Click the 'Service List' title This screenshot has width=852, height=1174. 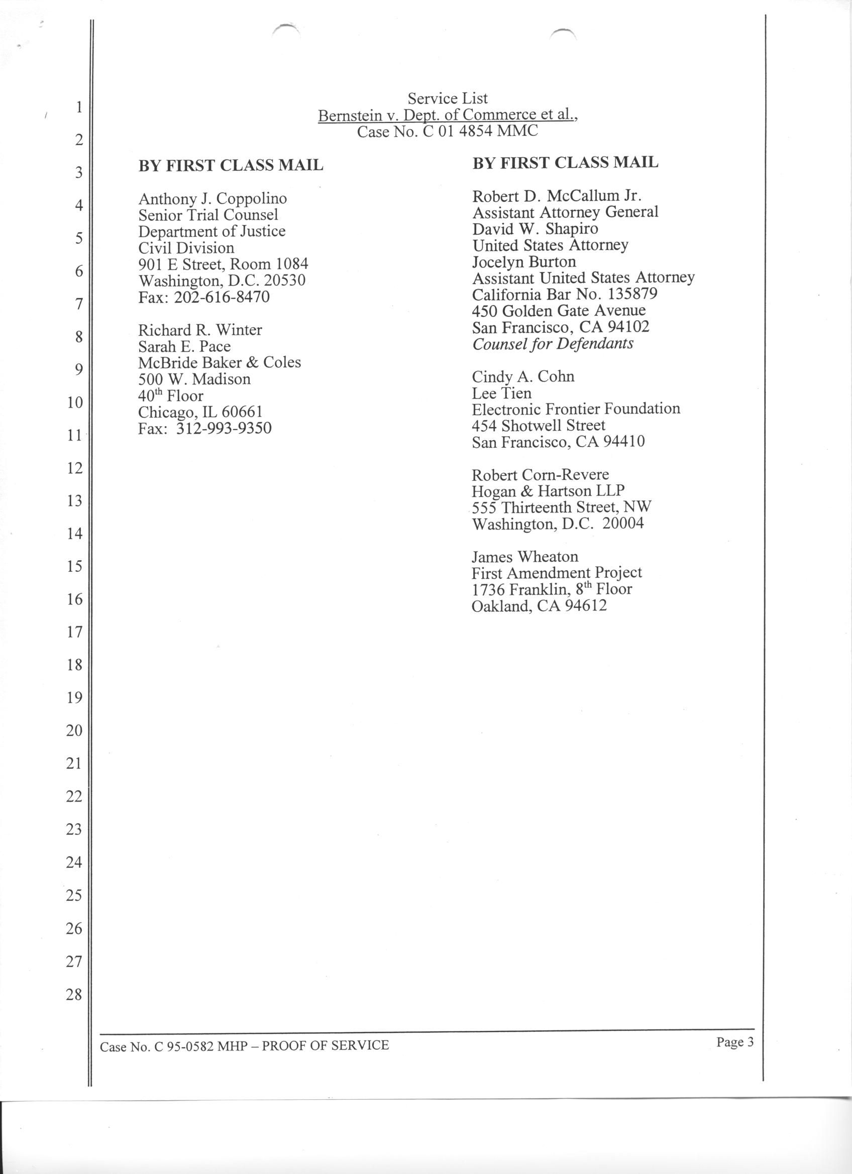(x=448, y=98)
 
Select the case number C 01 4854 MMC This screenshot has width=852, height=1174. (x=448, y=132)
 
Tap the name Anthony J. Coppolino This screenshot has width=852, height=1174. (x=212, y=199)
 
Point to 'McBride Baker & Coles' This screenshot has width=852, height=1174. (x=219, y=362)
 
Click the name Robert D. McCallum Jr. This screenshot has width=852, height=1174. (x=557, y=196)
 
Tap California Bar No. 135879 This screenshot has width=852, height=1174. (x=565, y=294)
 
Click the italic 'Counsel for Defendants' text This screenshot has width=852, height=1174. (x=553, y=344)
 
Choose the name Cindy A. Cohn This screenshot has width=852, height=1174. (x=523, y=376)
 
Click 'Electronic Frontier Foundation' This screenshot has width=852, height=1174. (x=576, y=409)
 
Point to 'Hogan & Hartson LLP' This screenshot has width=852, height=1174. (x=548, y=491)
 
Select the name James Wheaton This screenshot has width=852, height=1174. (x=524, y=557)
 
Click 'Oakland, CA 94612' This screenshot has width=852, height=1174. (x=539, y=606)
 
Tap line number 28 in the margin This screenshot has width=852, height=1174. (x=74, y=994)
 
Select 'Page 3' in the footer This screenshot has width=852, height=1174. (x=734, y=1042)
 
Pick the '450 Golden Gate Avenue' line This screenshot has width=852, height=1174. (x=559, y=311)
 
